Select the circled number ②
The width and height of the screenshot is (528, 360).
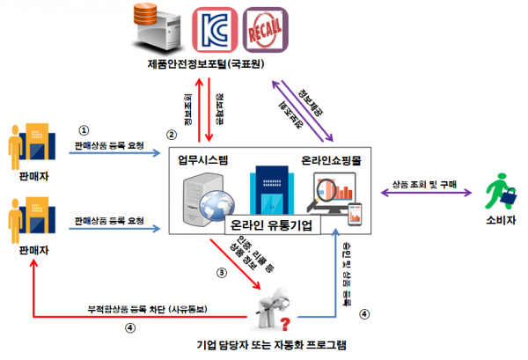[x=172, y=135]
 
